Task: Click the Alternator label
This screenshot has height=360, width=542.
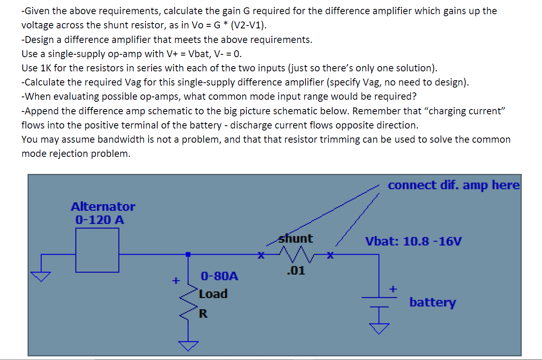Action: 103,207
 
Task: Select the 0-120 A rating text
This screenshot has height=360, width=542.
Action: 100,220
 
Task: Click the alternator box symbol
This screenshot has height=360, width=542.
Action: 97,250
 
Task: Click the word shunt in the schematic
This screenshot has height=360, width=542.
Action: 296,239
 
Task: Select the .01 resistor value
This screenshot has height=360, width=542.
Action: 295,271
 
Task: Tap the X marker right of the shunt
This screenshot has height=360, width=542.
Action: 331,255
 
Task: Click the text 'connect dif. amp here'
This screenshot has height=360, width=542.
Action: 453,185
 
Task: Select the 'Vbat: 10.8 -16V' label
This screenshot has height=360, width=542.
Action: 413,242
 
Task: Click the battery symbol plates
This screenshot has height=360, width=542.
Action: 379,300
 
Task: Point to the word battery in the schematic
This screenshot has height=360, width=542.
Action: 432,302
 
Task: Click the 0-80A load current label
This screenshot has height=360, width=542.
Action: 220,276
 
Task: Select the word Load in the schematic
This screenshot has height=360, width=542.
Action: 213,294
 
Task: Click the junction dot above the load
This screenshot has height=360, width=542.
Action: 188,254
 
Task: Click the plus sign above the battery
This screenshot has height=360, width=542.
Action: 392,289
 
